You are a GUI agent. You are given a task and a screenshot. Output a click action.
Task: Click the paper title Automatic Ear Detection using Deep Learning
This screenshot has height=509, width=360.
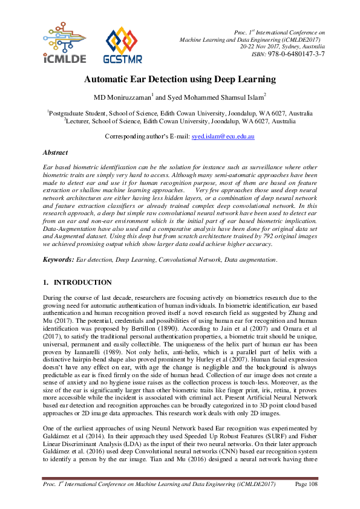180,79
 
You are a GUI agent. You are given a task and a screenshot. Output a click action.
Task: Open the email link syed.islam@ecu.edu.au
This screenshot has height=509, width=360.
223,137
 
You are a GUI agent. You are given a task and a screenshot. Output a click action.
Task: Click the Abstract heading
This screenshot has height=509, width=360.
55,153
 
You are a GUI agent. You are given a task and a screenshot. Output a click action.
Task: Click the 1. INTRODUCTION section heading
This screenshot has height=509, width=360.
77,282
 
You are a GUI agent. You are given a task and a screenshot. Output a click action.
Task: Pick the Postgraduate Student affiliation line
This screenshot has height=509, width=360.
180,113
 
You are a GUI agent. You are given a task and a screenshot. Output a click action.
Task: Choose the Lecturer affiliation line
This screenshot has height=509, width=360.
180,121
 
